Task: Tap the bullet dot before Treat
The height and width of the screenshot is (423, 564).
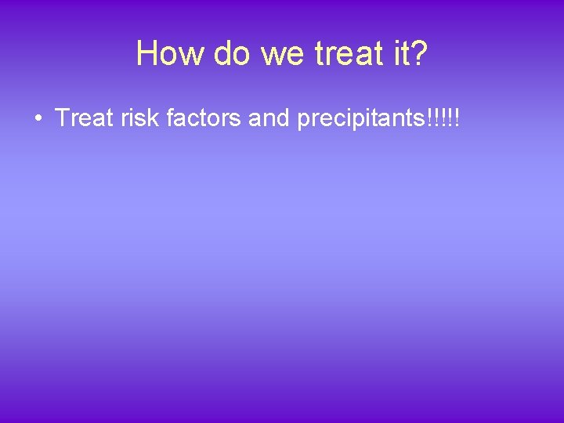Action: (x=38, y=119)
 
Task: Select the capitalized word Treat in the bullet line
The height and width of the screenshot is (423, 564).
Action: (x=81, y=118)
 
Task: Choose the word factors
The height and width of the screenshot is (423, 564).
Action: (x=205, y=118)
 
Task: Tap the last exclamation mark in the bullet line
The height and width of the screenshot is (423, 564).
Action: (x=456, y=118)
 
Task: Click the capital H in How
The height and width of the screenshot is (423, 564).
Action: (x=146, y=53)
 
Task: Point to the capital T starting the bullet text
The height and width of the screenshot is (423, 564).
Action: (x=63, y=118)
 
